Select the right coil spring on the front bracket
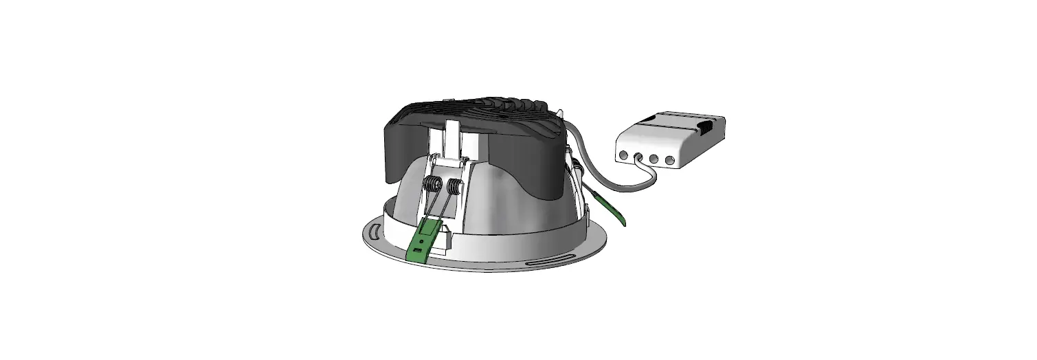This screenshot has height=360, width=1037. (x=454, y=186)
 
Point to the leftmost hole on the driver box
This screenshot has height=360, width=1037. (x=623, y=155)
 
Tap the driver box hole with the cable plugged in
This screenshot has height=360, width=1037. (x=638, y=157)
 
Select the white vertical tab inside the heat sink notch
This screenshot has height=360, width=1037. (x=451, y=137)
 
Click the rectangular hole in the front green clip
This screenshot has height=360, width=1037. (x=417, y=251)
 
